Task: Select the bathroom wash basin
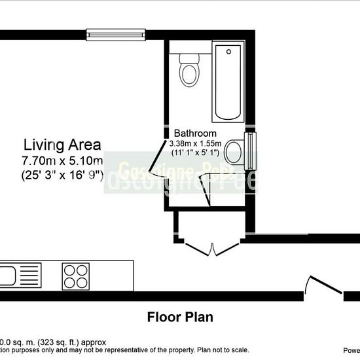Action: coord(234,154)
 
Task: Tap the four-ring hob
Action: coord(76,275)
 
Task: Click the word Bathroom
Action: coord(195,134)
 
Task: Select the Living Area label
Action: coord(62,144)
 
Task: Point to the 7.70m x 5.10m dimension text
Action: coord(62,160)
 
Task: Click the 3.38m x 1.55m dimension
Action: coord(196,143)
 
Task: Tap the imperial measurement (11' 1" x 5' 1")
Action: coord(196,153)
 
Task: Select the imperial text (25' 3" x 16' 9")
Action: coord(62,175)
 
